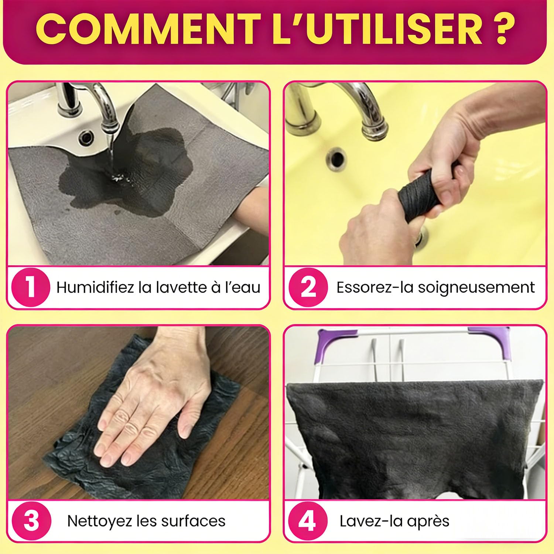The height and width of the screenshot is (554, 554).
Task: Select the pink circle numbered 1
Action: pos(31,287)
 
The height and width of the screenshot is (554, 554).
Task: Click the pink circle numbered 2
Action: pos(308,287)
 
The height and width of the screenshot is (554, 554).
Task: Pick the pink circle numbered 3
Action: pos(31,521)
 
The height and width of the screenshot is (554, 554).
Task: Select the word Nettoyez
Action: pos(100,521)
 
